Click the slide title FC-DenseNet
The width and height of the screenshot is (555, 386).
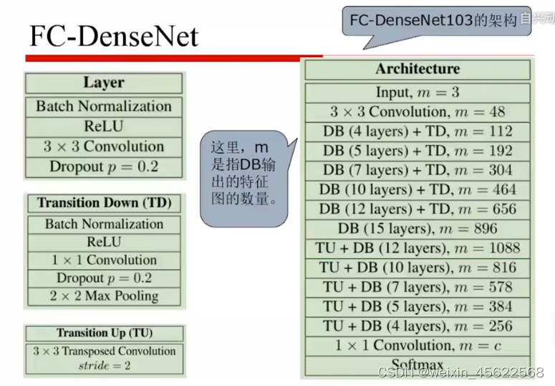pyautogui.click(x=113, y=36)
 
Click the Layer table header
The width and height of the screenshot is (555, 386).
pyautogui.click(x=104, y=83)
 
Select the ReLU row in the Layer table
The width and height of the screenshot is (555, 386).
pyautogui.click(x=104, y=126)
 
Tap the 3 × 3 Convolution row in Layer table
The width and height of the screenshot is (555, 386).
pyautogui.click(x=104, y=146)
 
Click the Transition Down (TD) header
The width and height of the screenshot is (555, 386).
pyautogui.click(x=104, y=203)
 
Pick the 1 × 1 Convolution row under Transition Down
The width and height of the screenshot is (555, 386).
pyautogui.click(x=104, y=260)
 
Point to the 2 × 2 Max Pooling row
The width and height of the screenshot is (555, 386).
pyautogui.click(x=104, y=296)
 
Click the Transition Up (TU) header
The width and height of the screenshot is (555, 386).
pyautogui.click(x=104, y=333)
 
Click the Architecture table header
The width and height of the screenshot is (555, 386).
pyautogui.click(x=418, y=69)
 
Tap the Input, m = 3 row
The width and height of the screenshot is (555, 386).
pyautogui.click(x=418, y=93)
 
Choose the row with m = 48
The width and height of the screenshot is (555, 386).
pyautogui.click(x=418, y=112)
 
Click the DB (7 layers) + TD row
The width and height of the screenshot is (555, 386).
pyautogui.click(x=418, y=170)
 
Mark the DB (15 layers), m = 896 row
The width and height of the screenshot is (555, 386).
pyautogui.click(x=418, y=229)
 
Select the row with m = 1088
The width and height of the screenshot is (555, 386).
pyautogui.click(x=418, y=248)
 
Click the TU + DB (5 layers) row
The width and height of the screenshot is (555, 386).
pyautogui.click(x=418, y=306)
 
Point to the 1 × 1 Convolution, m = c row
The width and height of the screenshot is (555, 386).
pyautogui.click(x=418, y=345)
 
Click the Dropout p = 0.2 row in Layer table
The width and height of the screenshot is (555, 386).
pyautogui.click(x=104, y=166)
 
